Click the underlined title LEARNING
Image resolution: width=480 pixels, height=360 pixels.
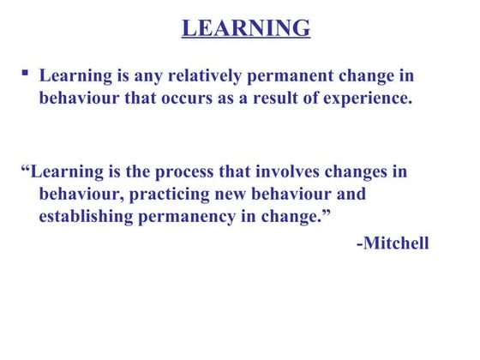[246, 28]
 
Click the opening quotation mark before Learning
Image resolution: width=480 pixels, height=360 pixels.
[24, 168]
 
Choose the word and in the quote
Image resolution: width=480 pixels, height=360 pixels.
[350, 193]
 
